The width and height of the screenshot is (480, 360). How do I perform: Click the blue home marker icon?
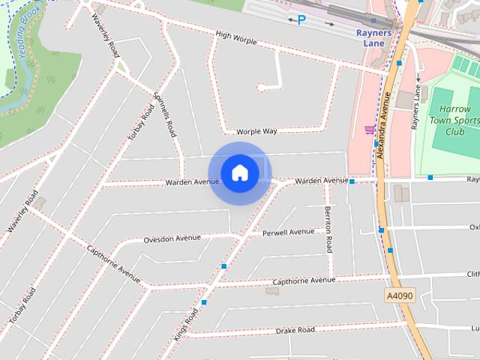click(x=239, y=172)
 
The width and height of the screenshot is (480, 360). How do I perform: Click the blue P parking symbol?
click(x=301, y=20)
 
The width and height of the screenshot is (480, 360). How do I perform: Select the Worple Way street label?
click(x=256, y=131)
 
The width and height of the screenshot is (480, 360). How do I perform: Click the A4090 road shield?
click(x=399, y=296)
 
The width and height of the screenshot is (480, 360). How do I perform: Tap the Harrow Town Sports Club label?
click(x=454, y=120)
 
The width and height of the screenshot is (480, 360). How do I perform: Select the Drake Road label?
click(x=294, y=330)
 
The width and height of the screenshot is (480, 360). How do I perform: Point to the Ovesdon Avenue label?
click(x=172, y=239)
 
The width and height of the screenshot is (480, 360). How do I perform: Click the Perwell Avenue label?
click(x=289, y=232)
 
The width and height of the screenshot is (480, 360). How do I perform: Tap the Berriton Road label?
click(x=328, y=229)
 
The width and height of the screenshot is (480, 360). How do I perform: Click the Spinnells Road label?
click(x=165, y=114)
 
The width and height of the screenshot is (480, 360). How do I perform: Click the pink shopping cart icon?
click(x=369, y=130)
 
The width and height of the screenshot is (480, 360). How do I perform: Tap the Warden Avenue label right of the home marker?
click(x=321, y=181)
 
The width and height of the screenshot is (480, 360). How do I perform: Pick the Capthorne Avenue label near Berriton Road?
click(x=303, y=280)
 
